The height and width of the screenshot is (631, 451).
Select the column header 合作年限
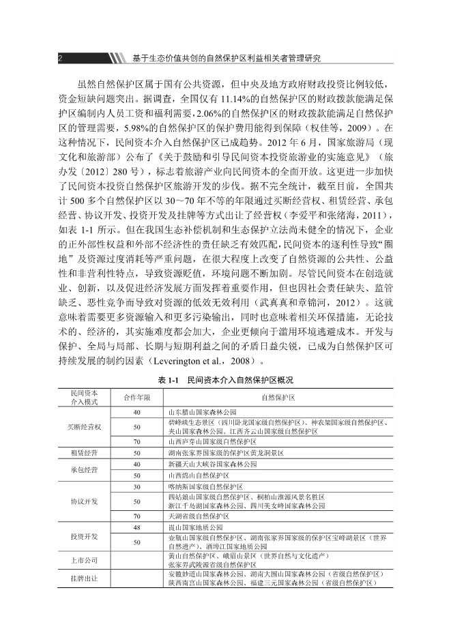pyautogui.click(x=136, y=398)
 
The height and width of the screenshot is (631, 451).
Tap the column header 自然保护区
pyautogui.click(x=277, y=398)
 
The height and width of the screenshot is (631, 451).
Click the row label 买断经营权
pyautogui.click(x=85, y=427)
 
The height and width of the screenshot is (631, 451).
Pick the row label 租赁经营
pyautogui.click(x=85, y=452)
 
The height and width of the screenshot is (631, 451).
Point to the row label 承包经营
pyautogui.click(x=85, y=469)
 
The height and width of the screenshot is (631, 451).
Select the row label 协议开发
pyautogui.click(x=85, y=501)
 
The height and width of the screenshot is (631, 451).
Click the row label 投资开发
pyautogui.click(x=85, y=536)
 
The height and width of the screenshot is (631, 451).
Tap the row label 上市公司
pyautogui.click(x=85, y=561)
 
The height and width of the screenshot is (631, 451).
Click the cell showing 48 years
pyautogui.click(x=136, y=527)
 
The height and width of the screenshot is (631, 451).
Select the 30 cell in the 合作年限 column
pyautogui.click(x=136, y=486)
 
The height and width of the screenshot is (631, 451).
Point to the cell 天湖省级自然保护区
pyautogui.click(x=198, y=516)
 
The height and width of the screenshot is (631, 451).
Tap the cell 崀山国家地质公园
pyautogui.click(x=194, y=527)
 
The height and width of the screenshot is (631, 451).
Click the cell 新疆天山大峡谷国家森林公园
pyautogui.click(x=212, y=464)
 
